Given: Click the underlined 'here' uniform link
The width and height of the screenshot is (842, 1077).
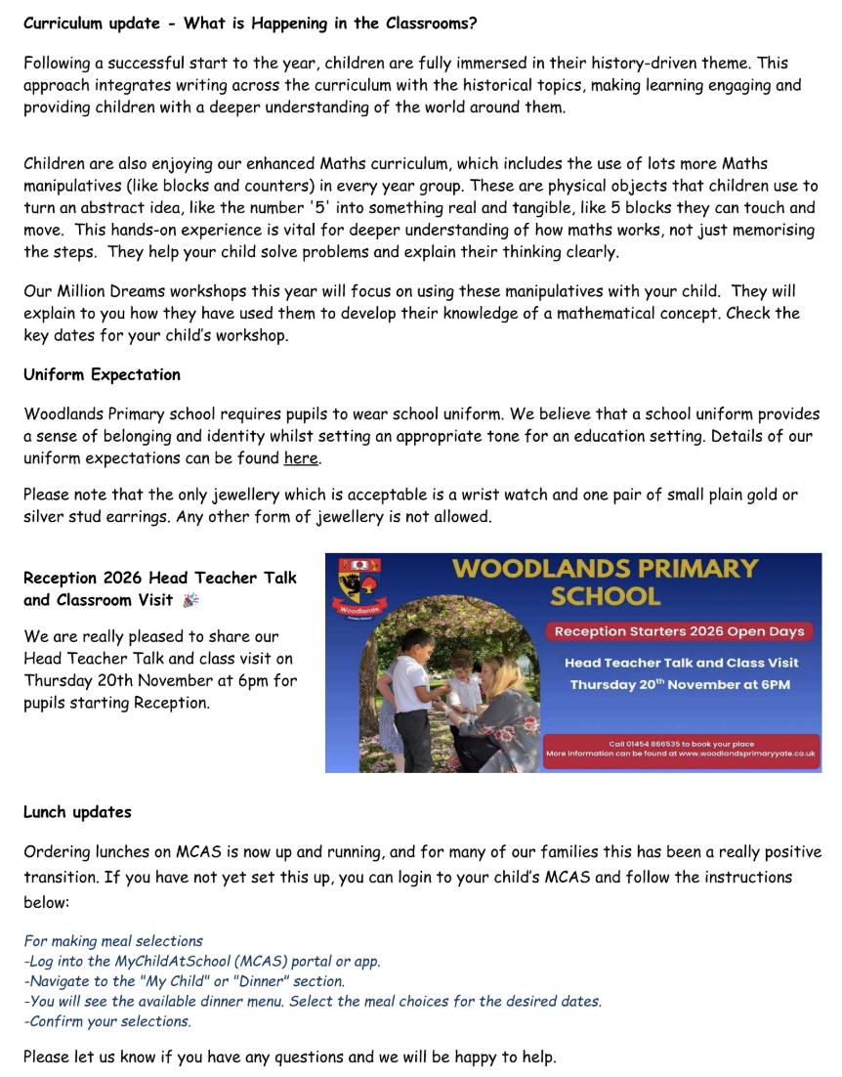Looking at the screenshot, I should click(x=301, y=458).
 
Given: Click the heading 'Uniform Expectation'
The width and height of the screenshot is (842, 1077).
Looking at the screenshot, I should click(x=102, y=374).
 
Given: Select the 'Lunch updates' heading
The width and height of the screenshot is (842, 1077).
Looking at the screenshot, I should click(x=77, y=812).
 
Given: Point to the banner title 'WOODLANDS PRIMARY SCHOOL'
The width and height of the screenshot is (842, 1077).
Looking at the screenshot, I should click(x=605, y=582).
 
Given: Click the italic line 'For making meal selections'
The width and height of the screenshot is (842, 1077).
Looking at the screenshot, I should click(x=113, y=941).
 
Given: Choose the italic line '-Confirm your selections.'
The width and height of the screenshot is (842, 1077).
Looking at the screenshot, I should click(x=107, y=1021).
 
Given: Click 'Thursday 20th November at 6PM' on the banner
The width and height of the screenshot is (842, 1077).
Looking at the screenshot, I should click(x=680, y=684).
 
